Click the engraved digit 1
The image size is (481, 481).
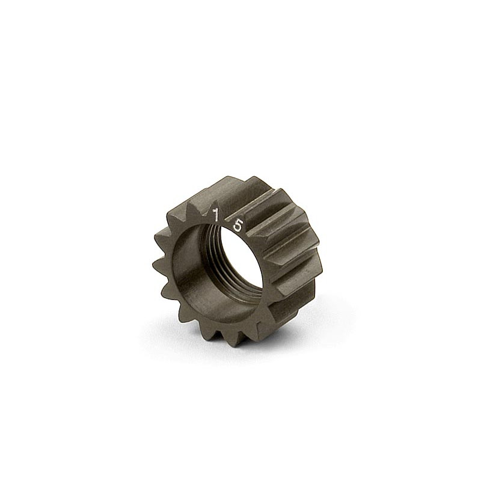click(216, 215)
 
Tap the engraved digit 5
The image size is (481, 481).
click(238, 225)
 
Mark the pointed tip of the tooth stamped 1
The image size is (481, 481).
click(216, 201)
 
